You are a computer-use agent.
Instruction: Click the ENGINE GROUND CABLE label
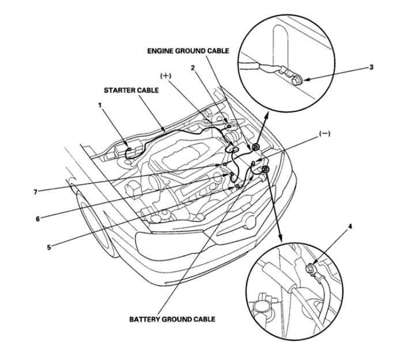(x=188, y=51)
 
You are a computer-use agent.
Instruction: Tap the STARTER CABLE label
(x=131, y=91)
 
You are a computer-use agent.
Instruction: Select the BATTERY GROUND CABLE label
(x=172, y=319)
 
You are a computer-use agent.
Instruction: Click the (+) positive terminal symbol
(x=166, y=76)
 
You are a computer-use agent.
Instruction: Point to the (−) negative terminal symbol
(x=325, y=134)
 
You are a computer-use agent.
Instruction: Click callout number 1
(x=100, y=105)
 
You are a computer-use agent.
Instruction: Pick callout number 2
(x=193, y=68)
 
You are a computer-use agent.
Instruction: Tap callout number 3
(x=371, y=67)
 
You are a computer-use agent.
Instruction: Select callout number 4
(x=350, y=227)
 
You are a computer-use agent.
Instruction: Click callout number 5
(x=49, y=247)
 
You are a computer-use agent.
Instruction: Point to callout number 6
(x=37, y=219)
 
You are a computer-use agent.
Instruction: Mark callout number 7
(x=35, y=192)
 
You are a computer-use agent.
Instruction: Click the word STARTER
(x=118, y=91)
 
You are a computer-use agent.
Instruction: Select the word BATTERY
(x=144, y=319)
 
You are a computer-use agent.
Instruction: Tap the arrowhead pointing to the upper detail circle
(x=266, y=115)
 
